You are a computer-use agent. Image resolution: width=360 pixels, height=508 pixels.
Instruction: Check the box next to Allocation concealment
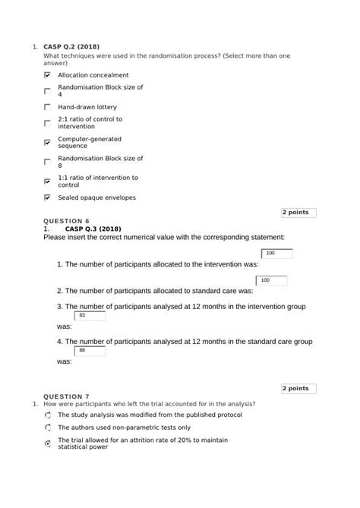48,76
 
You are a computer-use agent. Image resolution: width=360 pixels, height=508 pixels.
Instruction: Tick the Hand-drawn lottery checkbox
48,108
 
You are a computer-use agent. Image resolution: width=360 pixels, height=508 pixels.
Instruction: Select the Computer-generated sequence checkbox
48,143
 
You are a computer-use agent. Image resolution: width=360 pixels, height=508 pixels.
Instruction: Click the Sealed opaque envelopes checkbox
48,197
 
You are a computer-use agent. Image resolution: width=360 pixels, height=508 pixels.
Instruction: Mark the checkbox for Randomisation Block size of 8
48,162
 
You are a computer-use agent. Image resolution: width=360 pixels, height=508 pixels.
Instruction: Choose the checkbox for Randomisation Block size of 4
48,90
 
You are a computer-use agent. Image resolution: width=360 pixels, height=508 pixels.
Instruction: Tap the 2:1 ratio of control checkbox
48,123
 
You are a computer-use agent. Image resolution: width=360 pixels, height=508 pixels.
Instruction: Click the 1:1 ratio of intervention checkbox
48,181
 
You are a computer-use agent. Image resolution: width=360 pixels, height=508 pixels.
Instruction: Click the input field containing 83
90,315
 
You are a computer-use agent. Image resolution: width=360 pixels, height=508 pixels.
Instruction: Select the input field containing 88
90,350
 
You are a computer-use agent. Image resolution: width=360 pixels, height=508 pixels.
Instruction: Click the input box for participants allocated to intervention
276,254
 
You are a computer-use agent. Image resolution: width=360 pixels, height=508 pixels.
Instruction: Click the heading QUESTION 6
67,221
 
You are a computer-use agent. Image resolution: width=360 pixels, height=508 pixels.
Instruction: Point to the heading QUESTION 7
67,396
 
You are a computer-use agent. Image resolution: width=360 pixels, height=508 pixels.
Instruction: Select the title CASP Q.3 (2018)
93,229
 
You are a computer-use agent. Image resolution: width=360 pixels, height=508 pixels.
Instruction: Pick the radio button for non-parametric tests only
48,428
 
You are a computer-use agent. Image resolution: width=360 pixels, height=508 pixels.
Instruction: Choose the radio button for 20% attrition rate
48,443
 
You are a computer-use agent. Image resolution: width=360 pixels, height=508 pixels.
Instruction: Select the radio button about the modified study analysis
48,416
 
